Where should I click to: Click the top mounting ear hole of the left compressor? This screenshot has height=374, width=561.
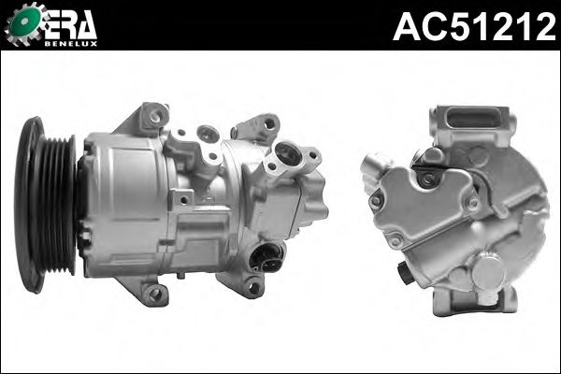154,116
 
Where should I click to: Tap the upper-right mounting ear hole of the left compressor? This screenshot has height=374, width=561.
269,123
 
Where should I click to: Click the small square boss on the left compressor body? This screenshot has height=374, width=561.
184,198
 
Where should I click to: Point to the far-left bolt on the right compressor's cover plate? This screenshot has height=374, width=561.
375,199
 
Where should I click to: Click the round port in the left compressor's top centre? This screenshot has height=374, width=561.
209,136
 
